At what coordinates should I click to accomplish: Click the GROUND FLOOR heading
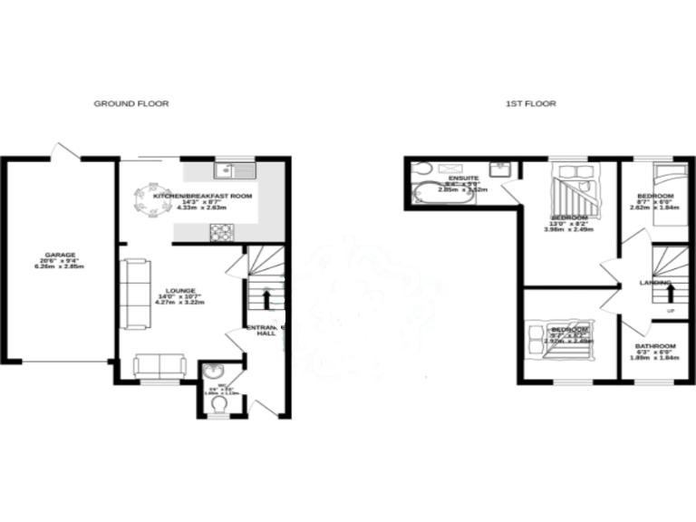(x=131, y=104)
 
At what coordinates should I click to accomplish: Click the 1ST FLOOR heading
(x=531, y=104)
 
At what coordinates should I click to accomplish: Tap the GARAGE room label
(x=62, y=255)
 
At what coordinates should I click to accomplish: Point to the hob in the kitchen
(x=223, y=232)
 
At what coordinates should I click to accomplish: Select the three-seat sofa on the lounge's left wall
(x=136, y=295)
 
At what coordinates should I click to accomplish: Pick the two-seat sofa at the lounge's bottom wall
(x=161, y=366)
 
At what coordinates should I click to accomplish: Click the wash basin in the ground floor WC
(x=214, y=372)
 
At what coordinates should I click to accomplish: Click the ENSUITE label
(x=463, y=179)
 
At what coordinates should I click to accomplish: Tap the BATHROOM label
(x=655, y=346)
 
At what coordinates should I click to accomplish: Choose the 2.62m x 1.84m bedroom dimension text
(x=654, y=207)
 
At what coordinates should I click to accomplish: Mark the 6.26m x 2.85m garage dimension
(x=62, y=269)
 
